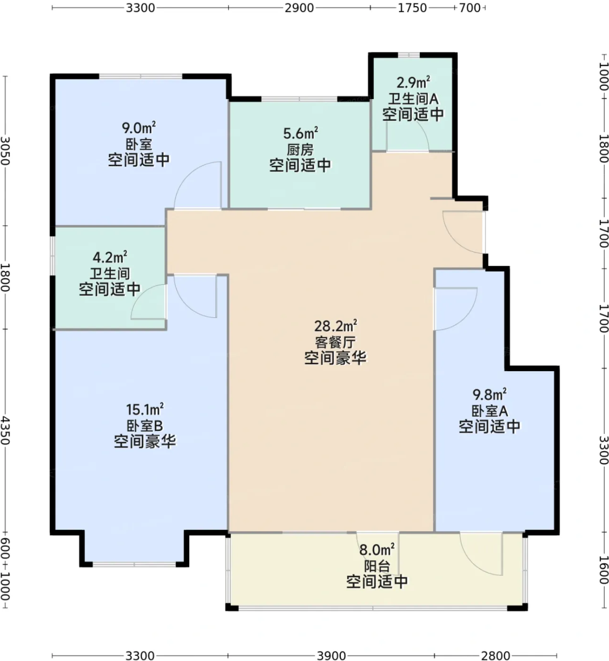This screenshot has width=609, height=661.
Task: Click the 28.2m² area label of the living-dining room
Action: point(335,326)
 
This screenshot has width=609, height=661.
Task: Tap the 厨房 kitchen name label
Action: point(300,150)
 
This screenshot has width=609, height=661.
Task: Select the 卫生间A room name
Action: point(413,99)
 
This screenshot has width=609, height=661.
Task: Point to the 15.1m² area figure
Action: point(144,410)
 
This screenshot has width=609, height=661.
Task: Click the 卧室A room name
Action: point(490,411)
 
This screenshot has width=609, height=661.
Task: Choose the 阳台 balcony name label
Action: point(377,566)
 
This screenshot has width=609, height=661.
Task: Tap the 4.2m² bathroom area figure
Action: point(109,257)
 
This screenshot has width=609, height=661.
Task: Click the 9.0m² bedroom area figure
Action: point(139,127)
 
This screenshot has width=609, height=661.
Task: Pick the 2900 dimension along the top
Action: point(299,8)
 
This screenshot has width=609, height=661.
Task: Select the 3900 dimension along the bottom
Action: point(331,655)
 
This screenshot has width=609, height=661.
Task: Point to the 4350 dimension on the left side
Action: point(5,431)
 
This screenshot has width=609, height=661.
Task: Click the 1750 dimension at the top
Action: point(412,8)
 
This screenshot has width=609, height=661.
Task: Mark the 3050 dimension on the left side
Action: point(5,151)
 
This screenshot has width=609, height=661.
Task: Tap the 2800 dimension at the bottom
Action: point(495,655)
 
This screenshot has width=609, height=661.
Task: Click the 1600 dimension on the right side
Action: point(604,570)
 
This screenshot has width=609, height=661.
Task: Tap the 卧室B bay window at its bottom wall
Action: point(134,564)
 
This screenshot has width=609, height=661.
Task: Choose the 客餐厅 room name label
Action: point(335,342)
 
